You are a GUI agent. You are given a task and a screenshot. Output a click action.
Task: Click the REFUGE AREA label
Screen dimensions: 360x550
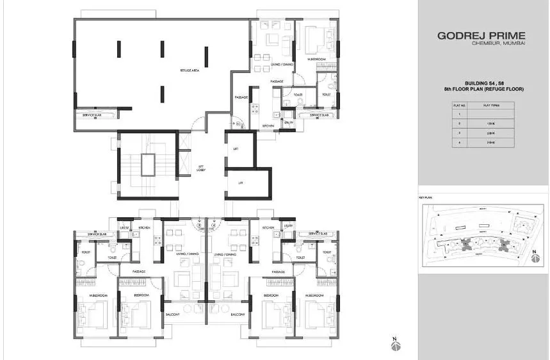[190, 71]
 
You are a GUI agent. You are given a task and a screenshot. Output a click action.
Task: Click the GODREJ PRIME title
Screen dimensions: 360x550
[481, 36]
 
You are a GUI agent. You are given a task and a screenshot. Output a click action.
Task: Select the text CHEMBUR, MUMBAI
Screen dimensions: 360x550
[498, 44]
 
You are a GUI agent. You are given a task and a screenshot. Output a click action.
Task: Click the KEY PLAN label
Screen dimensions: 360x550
[426, 198]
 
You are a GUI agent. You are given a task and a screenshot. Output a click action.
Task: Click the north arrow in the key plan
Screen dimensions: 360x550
[535, 254]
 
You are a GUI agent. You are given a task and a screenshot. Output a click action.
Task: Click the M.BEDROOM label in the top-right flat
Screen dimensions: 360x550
[317, 60]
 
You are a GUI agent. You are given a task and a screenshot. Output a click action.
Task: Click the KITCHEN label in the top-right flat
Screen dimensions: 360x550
[268, 126]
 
